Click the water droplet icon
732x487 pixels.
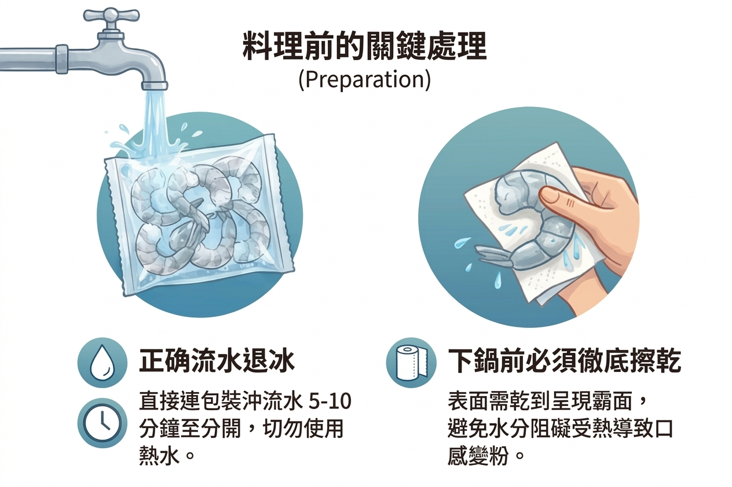coord(102,363)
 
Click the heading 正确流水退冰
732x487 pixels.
coord(217,361)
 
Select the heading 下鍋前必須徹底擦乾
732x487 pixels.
coord(565,361)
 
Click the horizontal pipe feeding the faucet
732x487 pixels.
coord(35,58)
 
